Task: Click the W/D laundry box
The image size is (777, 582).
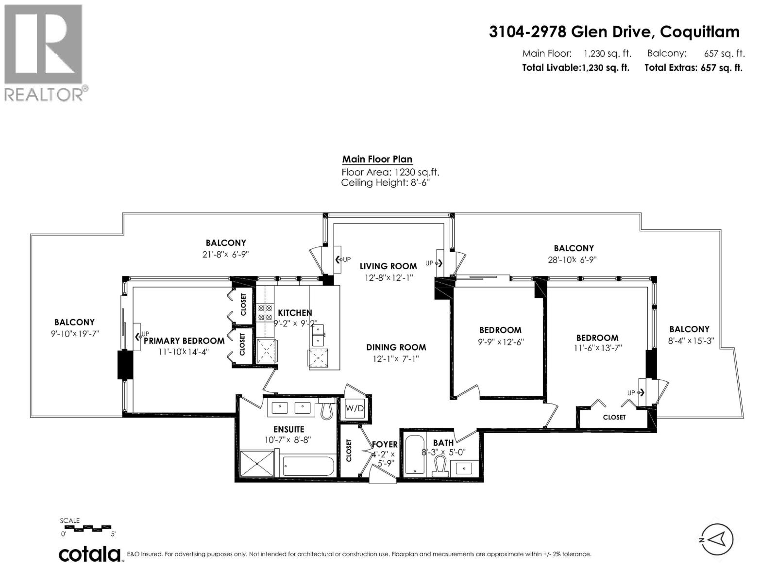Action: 355,408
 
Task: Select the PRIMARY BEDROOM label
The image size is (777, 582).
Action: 184,341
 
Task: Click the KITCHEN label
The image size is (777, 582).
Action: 295,313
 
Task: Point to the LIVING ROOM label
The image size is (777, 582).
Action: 388,266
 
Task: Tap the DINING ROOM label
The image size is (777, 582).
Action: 396,347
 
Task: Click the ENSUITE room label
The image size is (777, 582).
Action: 289,429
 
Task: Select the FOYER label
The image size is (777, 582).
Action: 385,444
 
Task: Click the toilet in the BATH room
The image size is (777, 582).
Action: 440,467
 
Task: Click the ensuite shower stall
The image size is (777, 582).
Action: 257,464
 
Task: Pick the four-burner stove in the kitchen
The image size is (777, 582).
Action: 266,312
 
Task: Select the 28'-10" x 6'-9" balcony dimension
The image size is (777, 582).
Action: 572,259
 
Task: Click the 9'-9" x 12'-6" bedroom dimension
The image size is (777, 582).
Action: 501,341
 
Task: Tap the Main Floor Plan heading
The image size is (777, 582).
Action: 377,159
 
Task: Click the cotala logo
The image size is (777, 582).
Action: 90,554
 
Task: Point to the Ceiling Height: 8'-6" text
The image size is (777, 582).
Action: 386,183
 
